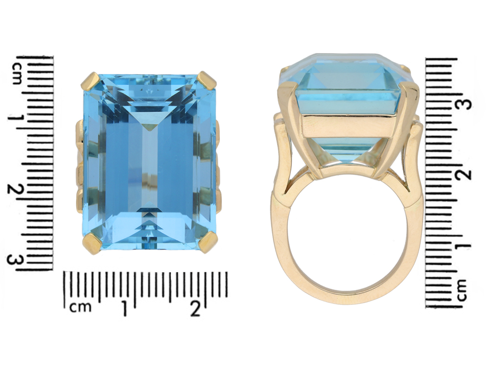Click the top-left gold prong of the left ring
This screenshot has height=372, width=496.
(x=91, y=81)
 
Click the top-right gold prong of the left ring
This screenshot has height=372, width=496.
(x=207, y=80)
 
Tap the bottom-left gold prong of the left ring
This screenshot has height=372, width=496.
(x=92, y=242)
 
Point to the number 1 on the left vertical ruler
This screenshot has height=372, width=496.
(x=16, y=120)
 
